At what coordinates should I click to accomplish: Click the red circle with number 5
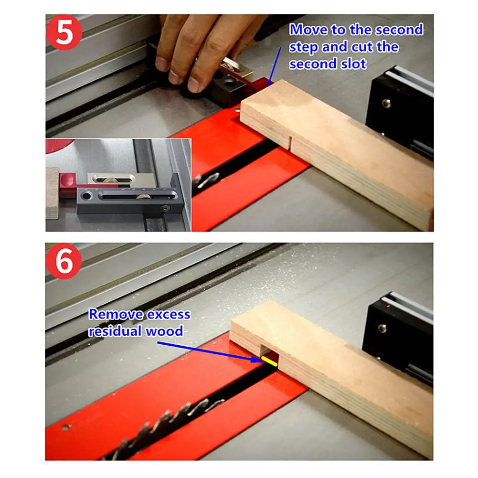point(64,32)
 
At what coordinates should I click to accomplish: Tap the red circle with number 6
point(64,261)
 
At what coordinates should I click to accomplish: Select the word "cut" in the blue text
point(362,47)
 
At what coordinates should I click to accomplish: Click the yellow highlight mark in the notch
point(269,361)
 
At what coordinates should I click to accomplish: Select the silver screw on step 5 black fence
point(386,103)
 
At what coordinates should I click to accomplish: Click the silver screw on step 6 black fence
point(382,329)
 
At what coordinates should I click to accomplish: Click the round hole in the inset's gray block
point(86,195)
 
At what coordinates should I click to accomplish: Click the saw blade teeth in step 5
point(206,180)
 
